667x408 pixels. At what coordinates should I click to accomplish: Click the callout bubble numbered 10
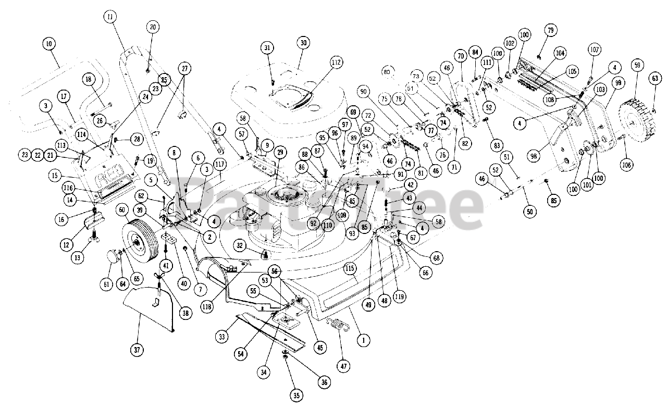pyautogui.click(x=50, y=44)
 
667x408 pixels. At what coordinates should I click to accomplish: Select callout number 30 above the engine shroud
pyautogui.click(x=303, y=43)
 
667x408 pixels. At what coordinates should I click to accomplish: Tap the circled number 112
pyautogui.click(x=336, y=63)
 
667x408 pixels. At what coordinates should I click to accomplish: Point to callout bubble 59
pyautogui.click(x=636, y=66)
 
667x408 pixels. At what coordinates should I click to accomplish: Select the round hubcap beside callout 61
pyautogui.click(x=114, y=257)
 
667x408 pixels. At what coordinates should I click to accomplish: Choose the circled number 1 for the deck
pyautogui.click(x=363, y=340)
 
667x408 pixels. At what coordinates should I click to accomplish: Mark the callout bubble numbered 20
pyautogui.click(x=152, y=28)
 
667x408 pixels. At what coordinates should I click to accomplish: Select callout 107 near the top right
pyautogui.click(x=595, y=51)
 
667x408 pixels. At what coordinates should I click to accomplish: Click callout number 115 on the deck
pyautogui.click(x=349, y=269)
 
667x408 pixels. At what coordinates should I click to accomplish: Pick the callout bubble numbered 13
pyautogui.click(x=78, y=257)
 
